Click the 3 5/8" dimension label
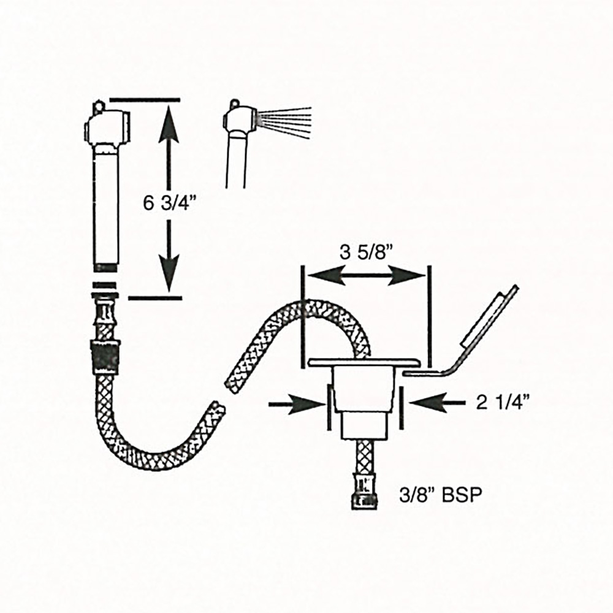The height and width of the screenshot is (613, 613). click(x=366, y=252)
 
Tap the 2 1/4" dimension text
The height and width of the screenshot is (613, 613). click(x=503, y=402)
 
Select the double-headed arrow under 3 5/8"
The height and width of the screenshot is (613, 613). click(x=366, y=277)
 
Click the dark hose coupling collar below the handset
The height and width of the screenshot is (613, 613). click(x=105, y=356)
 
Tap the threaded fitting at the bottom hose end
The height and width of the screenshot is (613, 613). click(x=364, y=497)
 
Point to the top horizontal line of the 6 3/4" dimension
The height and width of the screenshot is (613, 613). click(x=145, y=99)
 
